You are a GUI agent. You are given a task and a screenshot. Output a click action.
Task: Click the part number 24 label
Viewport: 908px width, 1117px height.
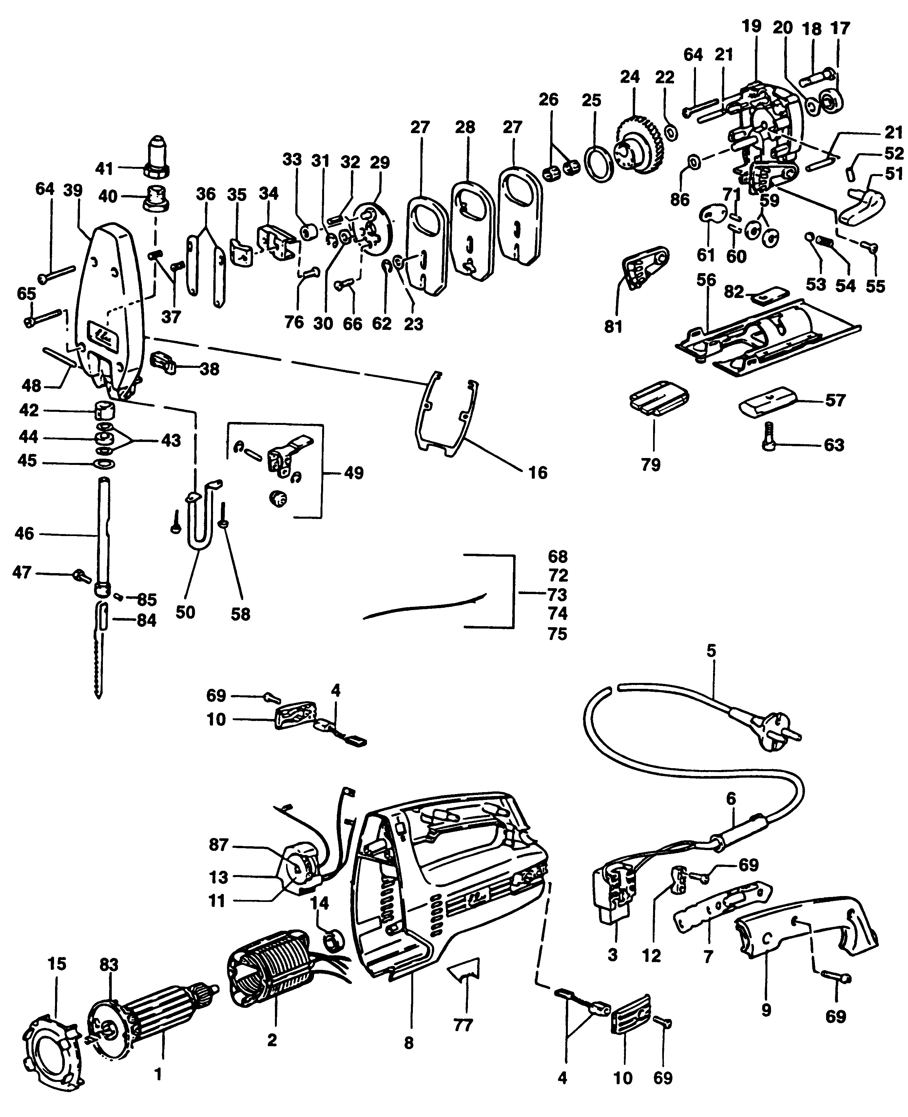tap(630, 77)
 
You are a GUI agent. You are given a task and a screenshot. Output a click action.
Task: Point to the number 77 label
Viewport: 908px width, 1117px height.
tap(463, 1026)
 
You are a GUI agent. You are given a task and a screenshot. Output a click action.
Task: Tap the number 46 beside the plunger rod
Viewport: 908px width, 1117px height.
tap(25, 534)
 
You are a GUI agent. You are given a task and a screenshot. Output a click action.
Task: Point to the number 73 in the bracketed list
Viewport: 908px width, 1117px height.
tap(558, 594)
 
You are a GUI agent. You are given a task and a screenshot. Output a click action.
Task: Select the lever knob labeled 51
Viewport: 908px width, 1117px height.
tap(863, 204)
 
